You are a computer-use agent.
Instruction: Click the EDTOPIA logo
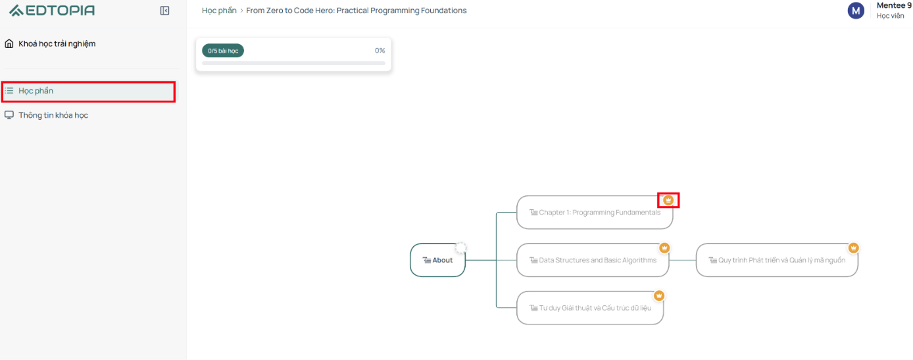click(52, 10)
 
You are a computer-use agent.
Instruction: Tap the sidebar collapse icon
click(164, 11)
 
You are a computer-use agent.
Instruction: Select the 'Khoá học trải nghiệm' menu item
click(57, 43)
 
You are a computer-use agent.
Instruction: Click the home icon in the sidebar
click(9, 43)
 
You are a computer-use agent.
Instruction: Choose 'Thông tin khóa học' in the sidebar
click(53, 115)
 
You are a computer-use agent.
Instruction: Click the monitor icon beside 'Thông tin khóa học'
click(9, 115)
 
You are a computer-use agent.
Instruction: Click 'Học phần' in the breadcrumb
click(219, 11)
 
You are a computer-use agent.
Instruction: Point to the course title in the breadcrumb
click(357, 11)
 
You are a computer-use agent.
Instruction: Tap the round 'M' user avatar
click(856, 11)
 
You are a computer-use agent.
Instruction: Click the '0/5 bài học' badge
click(223, 51)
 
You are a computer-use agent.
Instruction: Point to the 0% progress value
click(380, 51)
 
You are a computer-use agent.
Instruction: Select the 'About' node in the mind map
click(437, 260)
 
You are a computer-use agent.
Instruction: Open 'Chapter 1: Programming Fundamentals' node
click(595, 213)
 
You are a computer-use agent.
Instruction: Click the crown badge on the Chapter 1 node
click(668, 200)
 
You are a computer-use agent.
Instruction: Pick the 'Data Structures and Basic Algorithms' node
click(593, 260)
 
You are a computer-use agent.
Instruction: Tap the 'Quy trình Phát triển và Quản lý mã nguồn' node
click(777, 260)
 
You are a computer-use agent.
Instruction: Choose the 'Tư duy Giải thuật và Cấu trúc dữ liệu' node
click(590, 308)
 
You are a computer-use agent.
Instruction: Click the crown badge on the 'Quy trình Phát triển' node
click(854, 248)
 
